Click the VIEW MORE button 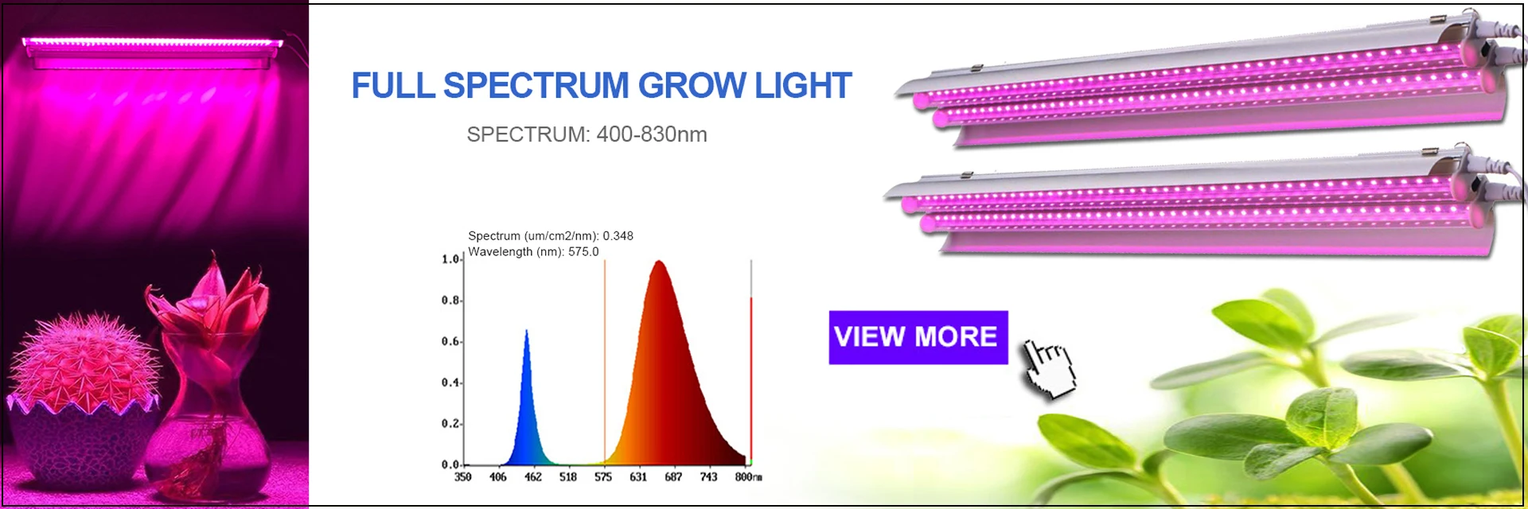pyautogui.click(x=918, y=337)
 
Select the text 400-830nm pyautogui.click(x=652, y=134)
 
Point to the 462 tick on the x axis pyautogui.click(x=533, y=477)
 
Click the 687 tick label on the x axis pyautogui.click(x=673, y=477)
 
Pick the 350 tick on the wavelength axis pyautogui.click(x=462, y=477)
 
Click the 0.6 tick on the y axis pyautogui.click(x=450, y=342)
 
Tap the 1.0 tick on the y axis pyautogui.click(x=450, y=259)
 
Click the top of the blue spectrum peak pyautogui.click(x=526, y=330)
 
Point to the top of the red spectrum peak pyautogui.click(x=659, y=262)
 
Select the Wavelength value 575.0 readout pyautogui.click(x=583, y=252)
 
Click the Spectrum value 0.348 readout pyautogui.click(x=618, y=236)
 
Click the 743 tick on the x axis pyautogui.click(x=708, y=477)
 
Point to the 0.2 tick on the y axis pyautogui.click(x=450, y=424)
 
